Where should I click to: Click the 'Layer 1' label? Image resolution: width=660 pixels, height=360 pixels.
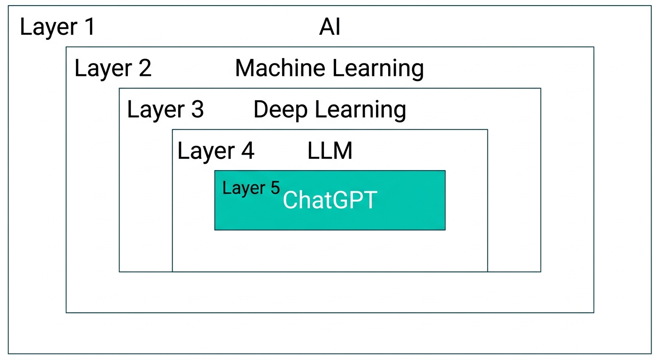click(x=57, y=27)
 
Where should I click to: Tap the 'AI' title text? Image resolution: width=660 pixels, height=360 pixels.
click(x=330, y=28)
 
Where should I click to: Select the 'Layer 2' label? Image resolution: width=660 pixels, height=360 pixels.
click(x=113, y=68)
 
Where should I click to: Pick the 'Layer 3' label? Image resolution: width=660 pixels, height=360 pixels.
click(x=165, y=110)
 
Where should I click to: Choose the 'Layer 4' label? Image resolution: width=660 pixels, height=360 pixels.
click(x=216, y=151)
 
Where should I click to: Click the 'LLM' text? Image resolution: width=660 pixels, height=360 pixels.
click(x=330, y=151)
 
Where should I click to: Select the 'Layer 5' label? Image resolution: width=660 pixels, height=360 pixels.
click(x=251, y=188)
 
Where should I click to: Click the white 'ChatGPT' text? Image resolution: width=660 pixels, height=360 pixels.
click(x=330, y=201)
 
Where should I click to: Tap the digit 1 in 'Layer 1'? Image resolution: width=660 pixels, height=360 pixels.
click(x=88, y=27)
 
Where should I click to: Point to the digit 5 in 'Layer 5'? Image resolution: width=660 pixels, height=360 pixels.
click(x=275, y=187)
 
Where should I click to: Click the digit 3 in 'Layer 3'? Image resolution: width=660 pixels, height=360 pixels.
click(x=197, y=110)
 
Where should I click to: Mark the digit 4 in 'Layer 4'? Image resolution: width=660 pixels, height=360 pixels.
click(x=247, y=151)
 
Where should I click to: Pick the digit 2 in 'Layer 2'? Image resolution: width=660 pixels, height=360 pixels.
click(x=145, y=68)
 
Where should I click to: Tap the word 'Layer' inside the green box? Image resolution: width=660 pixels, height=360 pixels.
click(x=244, y=188)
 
